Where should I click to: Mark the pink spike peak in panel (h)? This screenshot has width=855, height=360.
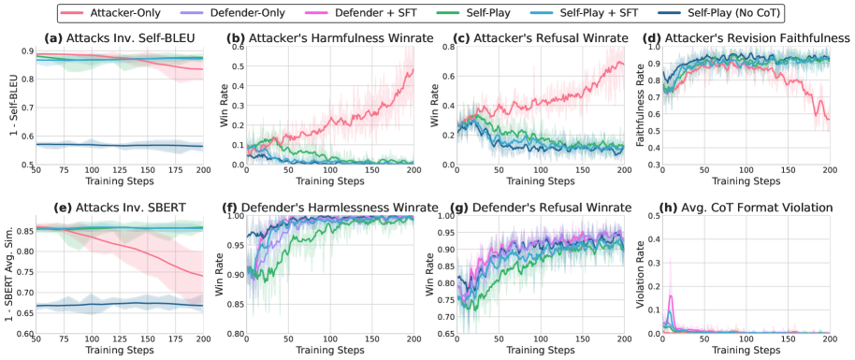[x=672, y=296]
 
